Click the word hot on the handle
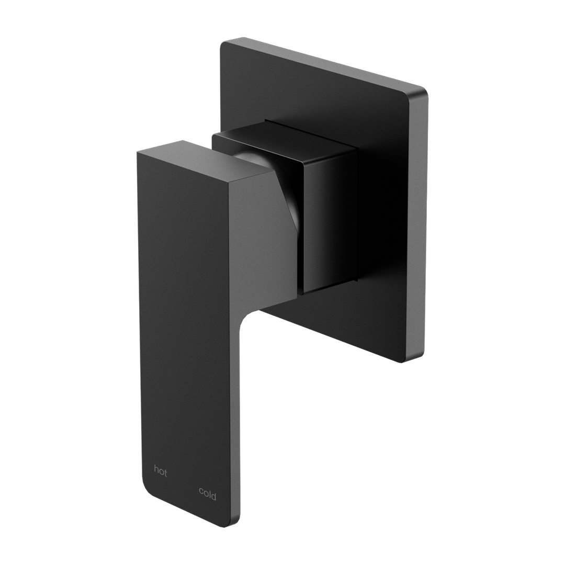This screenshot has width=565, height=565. [x=160, y=471]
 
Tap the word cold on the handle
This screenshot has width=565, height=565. [x=207, y=494]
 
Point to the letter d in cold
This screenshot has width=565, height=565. [x=214, y=494]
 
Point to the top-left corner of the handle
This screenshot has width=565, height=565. [x=138, y=152]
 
